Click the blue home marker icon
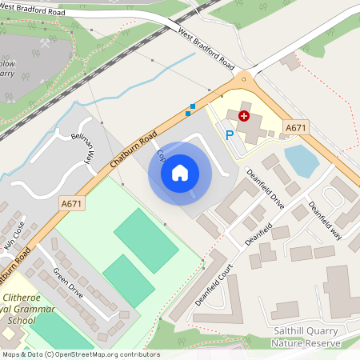point(180,172)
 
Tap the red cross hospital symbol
point(244,116)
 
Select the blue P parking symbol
point(230,135)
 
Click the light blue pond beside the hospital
point(302,159)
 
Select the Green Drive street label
point(69,282)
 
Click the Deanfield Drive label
point(265,189)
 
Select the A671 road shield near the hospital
point(296,128)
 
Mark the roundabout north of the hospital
point(244,79)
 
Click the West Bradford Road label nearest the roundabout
point(206,50)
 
